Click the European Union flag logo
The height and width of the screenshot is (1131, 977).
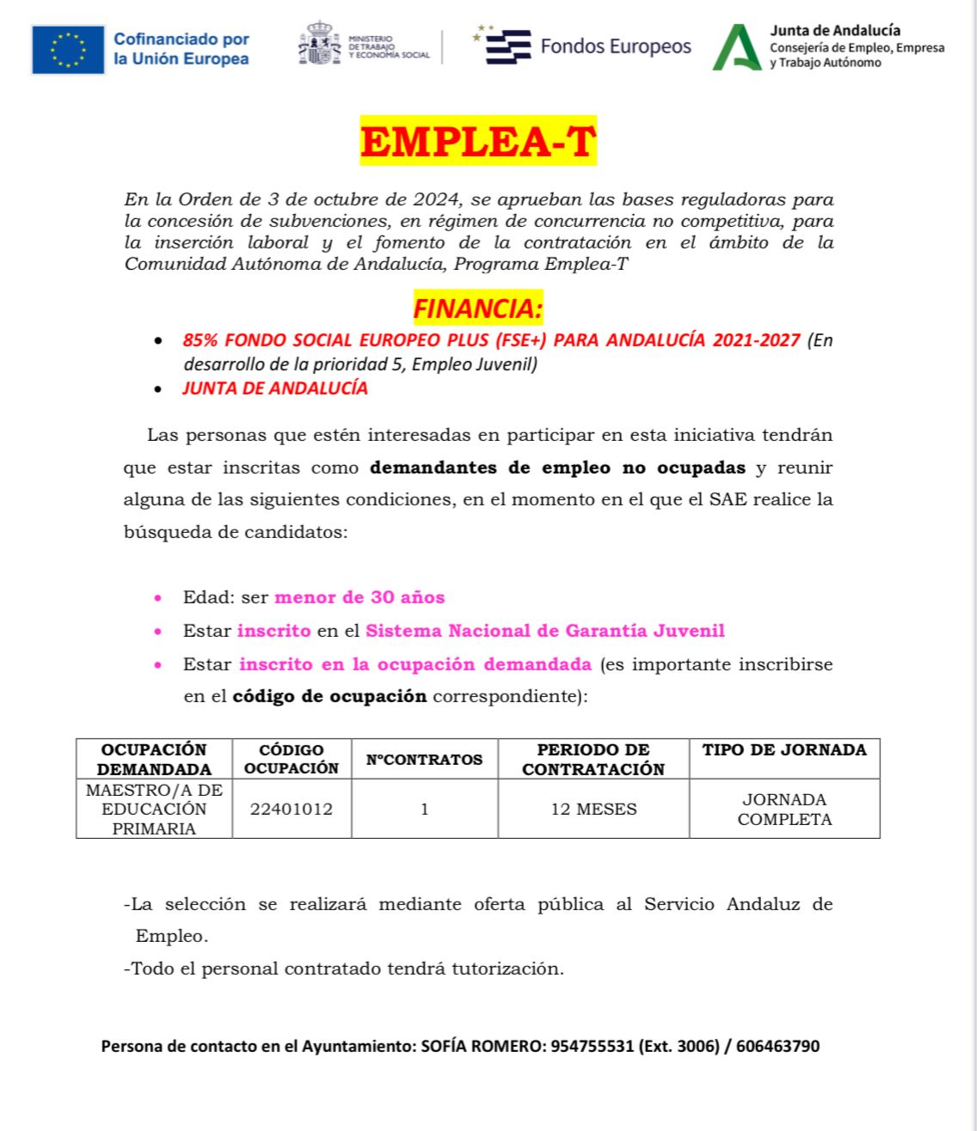pos(68,50)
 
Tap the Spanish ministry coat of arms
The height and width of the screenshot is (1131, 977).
pos(319,44)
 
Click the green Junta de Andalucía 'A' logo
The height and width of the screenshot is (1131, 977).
pos(736,48)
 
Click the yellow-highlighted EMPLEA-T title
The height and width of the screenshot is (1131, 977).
pos(477,142)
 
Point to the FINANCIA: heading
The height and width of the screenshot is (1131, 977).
pos(477,308)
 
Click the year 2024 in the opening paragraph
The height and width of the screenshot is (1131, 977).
pos(435,199)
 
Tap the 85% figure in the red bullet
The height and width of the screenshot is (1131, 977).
pos(200,340)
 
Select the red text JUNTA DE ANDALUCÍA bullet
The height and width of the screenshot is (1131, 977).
pos(275,388)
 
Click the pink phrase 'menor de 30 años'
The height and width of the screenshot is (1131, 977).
pos(359,597)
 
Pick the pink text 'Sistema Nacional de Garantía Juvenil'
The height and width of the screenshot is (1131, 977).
pos(544,631)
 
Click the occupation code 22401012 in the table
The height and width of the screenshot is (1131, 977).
pos(292,809)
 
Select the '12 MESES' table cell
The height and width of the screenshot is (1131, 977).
pos(593,809)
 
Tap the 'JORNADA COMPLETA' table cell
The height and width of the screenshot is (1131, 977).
pos(784,809)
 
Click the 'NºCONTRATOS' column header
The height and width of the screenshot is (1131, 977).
pos(424,760)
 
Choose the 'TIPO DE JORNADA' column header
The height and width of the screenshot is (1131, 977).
pos(784,750)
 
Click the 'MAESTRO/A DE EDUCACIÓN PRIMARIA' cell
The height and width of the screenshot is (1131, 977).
pos(154,809)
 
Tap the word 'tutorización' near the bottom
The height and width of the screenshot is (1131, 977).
pos(511,969)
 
